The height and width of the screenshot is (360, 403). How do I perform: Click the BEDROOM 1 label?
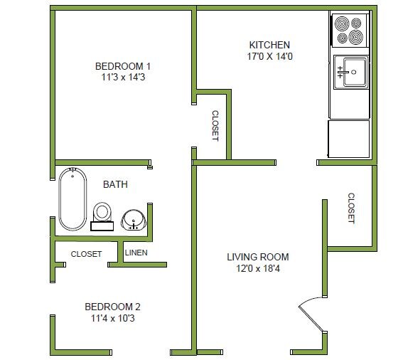coord(123,66)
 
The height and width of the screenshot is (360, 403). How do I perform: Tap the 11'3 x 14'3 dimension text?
coord(123,78)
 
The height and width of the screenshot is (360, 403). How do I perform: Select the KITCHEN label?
coord(269,44)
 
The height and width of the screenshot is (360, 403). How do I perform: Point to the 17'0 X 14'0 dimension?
coord(269,56)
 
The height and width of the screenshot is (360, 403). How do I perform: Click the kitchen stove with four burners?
coord(350,30)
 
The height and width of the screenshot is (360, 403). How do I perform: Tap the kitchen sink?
coord(352,72)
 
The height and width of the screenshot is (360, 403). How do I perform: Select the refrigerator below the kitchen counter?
coord(348,139)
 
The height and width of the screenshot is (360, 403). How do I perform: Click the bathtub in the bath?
coord(72,198)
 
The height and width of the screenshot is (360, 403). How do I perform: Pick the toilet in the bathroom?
coord(102,214)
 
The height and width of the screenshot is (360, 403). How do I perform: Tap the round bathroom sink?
coord(132,219)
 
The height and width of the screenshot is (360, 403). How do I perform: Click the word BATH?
coord(116,184)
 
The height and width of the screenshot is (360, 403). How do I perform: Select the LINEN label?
coord(136,253)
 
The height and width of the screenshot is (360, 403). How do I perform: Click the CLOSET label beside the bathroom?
coord(86,254)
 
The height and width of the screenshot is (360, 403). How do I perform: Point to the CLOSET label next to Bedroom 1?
coord(214,125)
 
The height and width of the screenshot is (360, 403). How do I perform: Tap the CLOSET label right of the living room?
coord(350,208)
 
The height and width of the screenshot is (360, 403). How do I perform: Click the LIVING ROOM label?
coord(258,257)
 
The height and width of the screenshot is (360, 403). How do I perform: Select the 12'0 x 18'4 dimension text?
coord(258,269)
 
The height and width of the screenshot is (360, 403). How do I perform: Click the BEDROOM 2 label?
coord(112,307)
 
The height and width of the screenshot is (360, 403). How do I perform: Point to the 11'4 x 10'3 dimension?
coord(112,319)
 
